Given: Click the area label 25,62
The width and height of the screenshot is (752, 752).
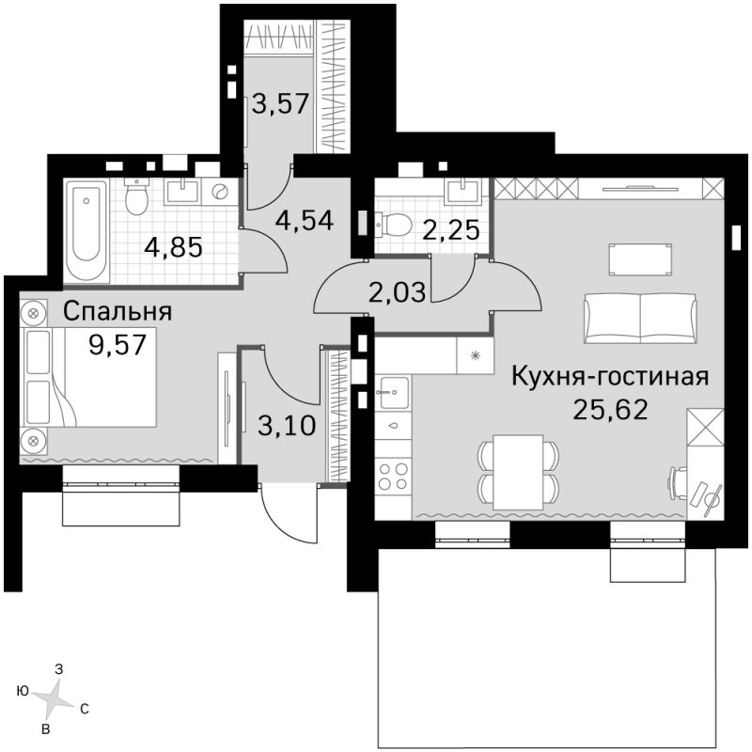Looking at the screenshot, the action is click(610, 410).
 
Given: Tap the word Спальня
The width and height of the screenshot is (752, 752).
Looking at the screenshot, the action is click(117, 311).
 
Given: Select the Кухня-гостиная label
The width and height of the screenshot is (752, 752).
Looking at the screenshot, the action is click(610, 377).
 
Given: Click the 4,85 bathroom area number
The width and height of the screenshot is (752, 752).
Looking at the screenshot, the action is click(174, 248).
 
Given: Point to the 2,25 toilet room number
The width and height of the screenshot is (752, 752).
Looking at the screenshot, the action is click(451, 229).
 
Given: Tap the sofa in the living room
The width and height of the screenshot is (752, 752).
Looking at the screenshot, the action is click(640, 319).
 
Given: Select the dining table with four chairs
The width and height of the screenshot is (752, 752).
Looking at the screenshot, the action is click(518, 473).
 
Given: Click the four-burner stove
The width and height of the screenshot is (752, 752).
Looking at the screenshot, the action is click(393, 477).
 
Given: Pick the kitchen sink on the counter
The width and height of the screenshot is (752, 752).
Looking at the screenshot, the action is click(393, 392).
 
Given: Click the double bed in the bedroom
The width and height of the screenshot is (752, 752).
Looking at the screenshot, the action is click(89, 378).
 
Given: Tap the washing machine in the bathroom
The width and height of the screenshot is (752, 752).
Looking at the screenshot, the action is click(220, 192).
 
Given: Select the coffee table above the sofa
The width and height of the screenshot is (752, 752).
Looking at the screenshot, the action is click(640, 259).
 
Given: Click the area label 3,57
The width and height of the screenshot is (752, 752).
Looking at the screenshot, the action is click(280, 103).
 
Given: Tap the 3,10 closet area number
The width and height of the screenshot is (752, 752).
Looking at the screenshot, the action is click(287, 426).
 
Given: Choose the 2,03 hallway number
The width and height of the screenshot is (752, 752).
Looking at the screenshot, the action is click(397, 292).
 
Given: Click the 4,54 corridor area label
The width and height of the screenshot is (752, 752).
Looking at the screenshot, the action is click(304, 221).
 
